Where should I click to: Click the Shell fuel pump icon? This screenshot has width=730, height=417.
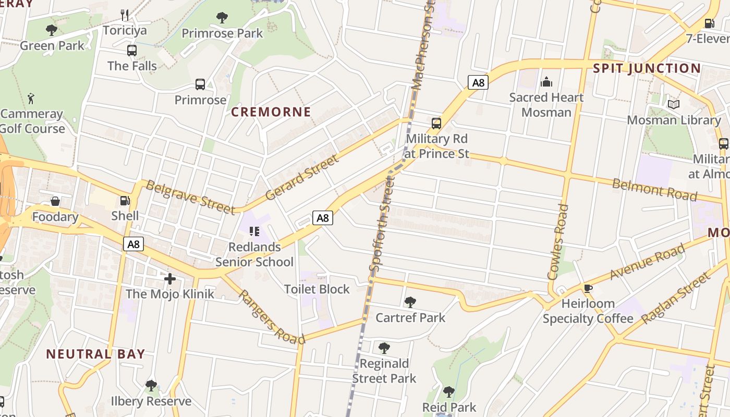(x=125, y=201)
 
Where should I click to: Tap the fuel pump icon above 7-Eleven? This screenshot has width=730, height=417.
(x=709, y=23)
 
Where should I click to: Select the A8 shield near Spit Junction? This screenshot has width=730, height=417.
(x=478, y=82)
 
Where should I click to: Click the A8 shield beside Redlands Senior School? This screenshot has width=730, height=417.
(x=323, y=218)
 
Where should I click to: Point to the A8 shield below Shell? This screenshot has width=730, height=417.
(x=133, y=244)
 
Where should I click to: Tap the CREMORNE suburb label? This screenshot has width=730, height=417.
(x=271, y=112)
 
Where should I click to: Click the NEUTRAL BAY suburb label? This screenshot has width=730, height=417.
(x=95, y=354)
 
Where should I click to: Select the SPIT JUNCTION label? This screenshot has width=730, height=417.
(x=647, y=68)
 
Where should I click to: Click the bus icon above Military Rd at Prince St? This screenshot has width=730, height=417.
(x=436, y=124)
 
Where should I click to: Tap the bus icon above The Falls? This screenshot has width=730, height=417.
(x=132, y=51)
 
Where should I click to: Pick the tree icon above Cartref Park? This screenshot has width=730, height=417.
(x=410, y=302)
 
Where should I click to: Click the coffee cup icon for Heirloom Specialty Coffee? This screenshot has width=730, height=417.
(x=588, y=288)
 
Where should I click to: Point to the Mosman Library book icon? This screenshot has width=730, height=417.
(x=674, y=105)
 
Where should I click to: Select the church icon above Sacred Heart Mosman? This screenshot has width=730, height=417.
(x=546, y=82)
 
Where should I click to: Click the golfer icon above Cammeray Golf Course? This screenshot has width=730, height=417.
(x=31, y=98)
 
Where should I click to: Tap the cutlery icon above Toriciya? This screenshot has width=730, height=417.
(x=125, y=15)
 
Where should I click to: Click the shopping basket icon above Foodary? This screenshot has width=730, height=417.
(x=55, y=201)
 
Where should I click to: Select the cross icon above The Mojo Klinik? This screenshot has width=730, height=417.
(x=169, y=279)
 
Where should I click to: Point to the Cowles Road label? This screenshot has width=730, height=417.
(x=557, y=242)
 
